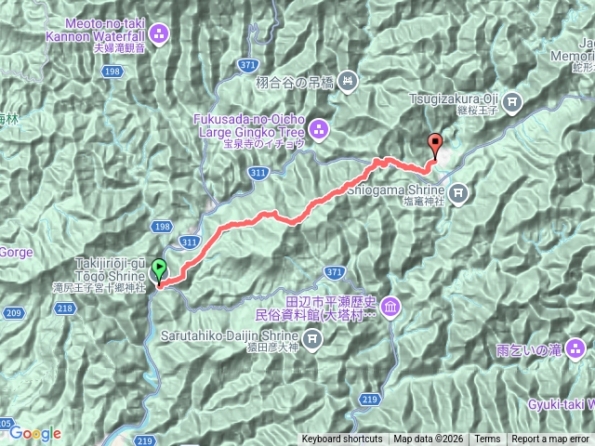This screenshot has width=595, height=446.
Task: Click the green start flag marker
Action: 159,270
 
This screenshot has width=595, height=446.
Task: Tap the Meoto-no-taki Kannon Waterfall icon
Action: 157,34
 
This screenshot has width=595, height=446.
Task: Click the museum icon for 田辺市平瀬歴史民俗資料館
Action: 390,307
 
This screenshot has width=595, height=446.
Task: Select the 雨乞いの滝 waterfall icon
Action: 576,349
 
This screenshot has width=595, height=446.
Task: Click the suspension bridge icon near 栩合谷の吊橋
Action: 347,81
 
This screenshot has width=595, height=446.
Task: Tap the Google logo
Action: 35,433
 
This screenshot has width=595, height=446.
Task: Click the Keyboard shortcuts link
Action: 341,439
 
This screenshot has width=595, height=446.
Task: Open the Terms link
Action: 486,439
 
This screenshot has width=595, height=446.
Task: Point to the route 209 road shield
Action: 13,313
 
